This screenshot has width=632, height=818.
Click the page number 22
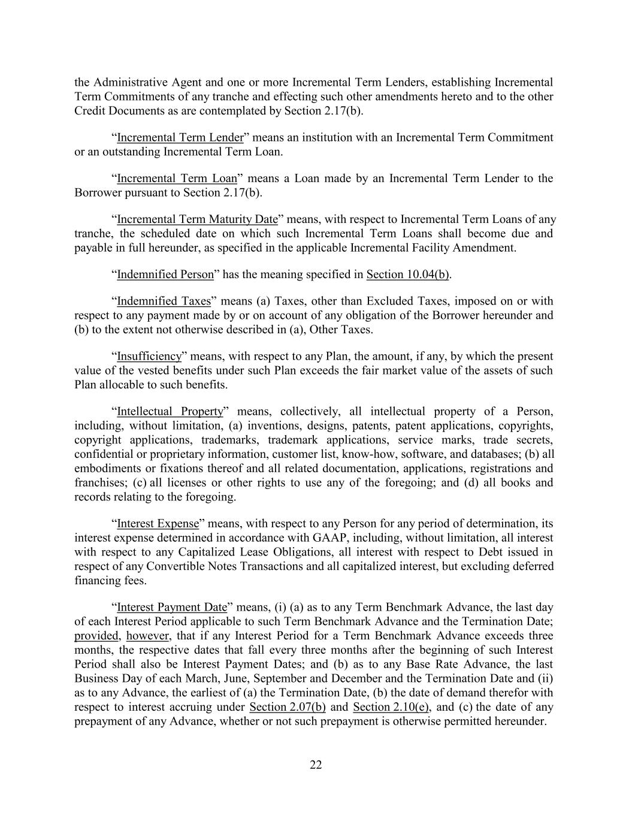316,765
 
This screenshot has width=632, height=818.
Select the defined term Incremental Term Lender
180,138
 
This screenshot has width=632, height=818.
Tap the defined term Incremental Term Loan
177,179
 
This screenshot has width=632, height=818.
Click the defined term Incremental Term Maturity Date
197,219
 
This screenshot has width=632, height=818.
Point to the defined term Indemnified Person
165,274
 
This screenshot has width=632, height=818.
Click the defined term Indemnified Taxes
164,301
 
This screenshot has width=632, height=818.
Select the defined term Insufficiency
149,357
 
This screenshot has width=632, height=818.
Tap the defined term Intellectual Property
170,412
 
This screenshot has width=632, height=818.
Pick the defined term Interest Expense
158,524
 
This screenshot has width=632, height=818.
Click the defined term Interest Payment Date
172,608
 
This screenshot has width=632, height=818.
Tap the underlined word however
144,636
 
